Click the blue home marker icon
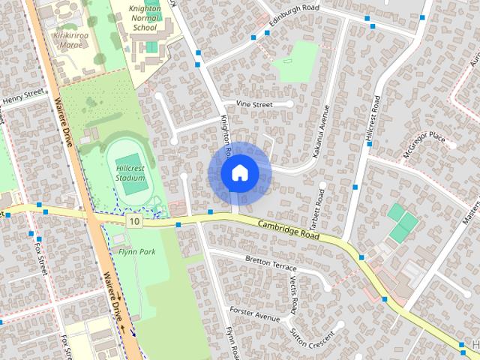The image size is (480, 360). [239, 172]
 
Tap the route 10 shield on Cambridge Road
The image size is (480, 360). [133, 220]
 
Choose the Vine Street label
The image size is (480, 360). [254, 105]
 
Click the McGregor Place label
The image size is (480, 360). [424, 145]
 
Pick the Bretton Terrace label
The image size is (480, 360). [271, 262]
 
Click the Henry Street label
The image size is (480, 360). [23, 97]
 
